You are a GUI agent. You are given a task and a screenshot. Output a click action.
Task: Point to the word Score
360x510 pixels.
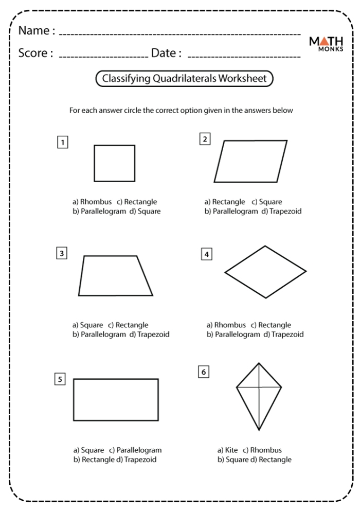click(35, 53)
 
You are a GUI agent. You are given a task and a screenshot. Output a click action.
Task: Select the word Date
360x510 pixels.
click(166, 53)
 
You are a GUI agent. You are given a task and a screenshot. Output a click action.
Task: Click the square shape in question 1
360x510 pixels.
click(114, 163)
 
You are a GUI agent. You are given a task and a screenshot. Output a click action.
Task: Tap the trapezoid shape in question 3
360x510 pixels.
click(115, 276)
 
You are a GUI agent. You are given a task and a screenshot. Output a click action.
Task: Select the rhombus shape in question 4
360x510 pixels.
click(265, 271)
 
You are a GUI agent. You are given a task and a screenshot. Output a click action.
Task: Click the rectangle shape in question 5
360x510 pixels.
click(116, 400)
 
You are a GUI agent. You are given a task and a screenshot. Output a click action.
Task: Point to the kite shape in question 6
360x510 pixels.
click(258, 394)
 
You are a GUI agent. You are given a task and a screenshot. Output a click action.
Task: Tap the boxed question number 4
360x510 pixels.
click(207, 254)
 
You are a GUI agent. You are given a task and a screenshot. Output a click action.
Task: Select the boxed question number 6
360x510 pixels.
click(204, 371)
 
